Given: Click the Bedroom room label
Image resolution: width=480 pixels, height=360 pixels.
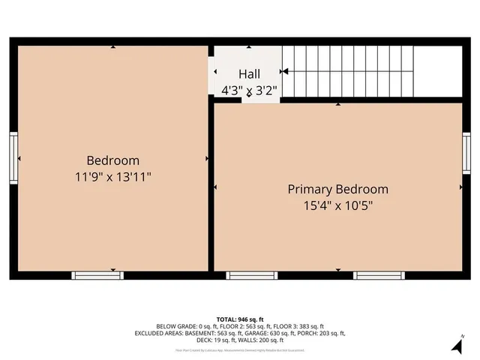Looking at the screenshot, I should [112, 160].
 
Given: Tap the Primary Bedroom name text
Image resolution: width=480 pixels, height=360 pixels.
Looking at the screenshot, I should [337, 189].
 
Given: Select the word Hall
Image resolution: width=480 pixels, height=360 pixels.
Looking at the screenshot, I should [250, 74].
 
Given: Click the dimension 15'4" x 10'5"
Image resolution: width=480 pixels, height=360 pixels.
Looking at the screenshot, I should [337, 205].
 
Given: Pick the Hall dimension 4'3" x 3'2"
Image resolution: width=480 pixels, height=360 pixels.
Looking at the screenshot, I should [250, 90].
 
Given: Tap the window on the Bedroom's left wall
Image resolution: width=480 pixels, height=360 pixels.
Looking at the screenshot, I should [13, 157].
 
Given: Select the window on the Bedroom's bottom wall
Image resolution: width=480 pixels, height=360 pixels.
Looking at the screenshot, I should [96, 275].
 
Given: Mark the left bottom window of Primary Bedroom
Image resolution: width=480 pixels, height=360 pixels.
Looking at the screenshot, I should [247, 275].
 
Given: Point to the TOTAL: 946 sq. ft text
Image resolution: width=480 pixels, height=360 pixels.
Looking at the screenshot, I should [240, 319].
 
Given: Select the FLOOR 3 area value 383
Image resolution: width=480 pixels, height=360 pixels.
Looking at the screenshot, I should [304, 326].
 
